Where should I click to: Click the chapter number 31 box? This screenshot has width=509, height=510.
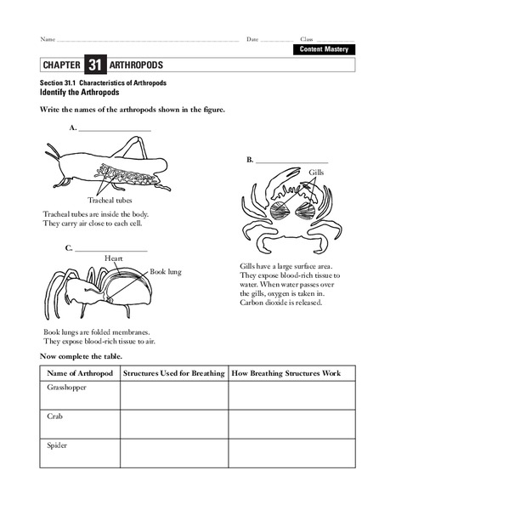95,65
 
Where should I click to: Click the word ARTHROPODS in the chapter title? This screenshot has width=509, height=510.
137,65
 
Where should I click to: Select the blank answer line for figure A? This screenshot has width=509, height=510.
115,128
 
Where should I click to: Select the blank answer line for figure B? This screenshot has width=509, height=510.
291,161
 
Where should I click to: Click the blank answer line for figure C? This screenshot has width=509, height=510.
110,248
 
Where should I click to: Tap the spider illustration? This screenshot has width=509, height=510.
98,293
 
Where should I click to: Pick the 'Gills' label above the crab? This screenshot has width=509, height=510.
316,173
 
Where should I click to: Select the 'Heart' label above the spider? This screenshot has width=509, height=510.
114,258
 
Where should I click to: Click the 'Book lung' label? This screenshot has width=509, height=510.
166,272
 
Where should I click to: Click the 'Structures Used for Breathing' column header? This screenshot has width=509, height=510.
173,374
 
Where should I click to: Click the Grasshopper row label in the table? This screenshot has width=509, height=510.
66,388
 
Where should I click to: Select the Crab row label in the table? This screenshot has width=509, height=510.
55,416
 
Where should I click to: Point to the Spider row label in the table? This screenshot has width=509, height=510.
58,445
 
